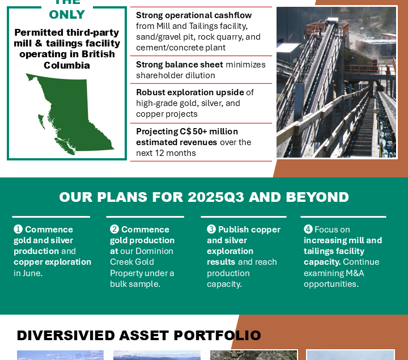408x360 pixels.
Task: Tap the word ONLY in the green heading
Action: click(67, 15)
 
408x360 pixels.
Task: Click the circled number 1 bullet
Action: click(18, 230)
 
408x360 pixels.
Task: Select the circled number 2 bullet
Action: click(114, 230)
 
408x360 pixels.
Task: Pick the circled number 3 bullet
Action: click(211, 230)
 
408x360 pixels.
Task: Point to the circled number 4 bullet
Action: click(308, 230)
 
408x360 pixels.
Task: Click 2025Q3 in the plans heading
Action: click(216, 197)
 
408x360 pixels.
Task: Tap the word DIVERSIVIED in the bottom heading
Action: click(66, 335)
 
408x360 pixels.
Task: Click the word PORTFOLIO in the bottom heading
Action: click(217, 335)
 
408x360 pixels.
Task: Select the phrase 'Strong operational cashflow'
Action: click(194, 15)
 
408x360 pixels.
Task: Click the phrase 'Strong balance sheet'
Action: click(180, 65)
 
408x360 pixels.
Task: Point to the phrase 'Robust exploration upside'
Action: click(190, 92)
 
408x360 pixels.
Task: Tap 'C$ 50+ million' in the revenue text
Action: click(209, 132)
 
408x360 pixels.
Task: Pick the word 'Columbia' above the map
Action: click(67, 65)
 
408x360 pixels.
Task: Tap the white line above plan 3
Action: click(244, 217)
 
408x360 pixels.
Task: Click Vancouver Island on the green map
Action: click(65, 146)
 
